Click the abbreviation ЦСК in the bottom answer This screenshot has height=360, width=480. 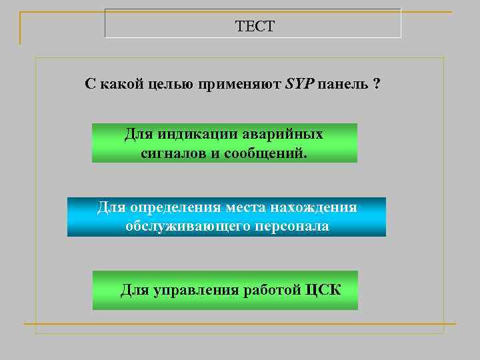click(x=322, y=291)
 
